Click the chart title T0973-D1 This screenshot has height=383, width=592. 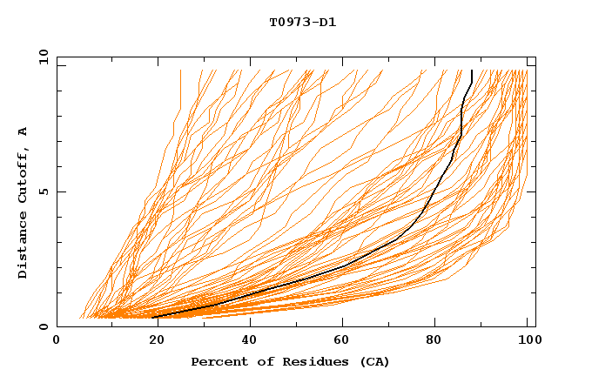pyautogui.click(x=302, y=22)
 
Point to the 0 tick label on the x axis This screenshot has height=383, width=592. pyautogui.click(x=57, y=340)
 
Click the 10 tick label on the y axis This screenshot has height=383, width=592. pyautogui.click(x=42, y=57)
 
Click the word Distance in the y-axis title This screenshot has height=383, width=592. pyautogui.click(x=24, y=246)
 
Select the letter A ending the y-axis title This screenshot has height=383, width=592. pyautogui.click(x=24, y=131)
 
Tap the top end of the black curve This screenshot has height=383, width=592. pyautogui.click(x=471, y=71)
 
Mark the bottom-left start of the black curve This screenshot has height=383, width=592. pyautogui.click(x=153, y=317)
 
